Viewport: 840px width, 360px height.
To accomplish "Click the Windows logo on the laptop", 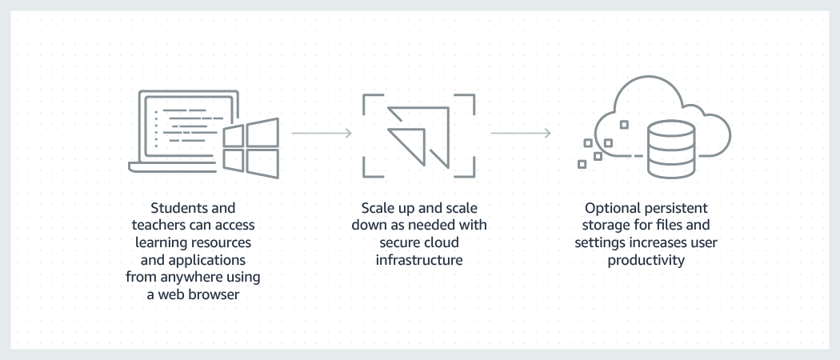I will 250,147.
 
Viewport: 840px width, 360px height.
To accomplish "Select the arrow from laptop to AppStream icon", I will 321,132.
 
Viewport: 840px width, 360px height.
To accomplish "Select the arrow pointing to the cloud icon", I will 520,132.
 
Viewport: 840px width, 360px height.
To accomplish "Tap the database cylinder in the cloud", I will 670,148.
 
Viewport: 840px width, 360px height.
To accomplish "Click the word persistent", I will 673,208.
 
